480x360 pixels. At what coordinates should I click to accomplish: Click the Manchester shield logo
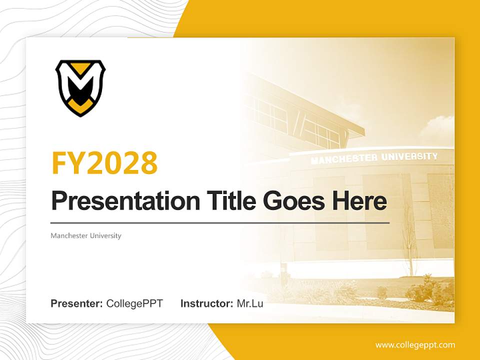click(x=80, y=88)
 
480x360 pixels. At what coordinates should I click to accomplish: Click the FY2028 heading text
click(x=104, y=163)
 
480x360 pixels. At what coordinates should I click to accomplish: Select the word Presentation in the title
click(x=125, y=201)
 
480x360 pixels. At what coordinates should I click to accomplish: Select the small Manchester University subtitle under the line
click(x=86, y=235)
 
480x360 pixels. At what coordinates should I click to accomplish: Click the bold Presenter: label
click(x=77, y=303)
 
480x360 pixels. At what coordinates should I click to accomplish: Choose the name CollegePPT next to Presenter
click(x=134, y=303)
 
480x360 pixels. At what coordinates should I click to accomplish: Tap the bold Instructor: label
click(x=206, y=303)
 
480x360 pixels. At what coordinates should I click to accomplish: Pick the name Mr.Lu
click(x=250, y=303)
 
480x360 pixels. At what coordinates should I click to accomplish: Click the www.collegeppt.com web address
click(x=415, y=345)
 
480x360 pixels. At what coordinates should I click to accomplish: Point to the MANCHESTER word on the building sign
click(x=343, y=159)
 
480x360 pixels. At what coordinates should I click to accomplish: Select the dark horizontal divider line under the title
click(x=220, y=222)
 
